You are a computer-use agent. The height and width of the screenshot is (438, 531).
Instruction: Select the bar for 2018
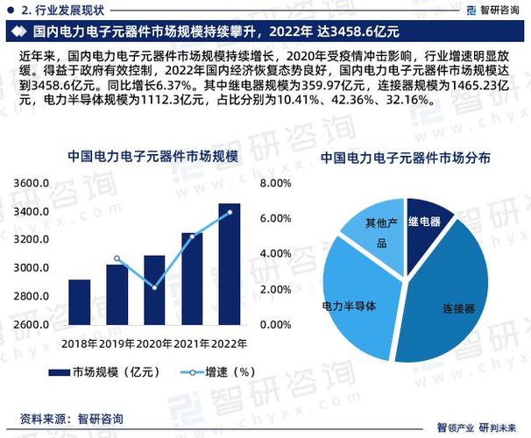[x=80, y=302]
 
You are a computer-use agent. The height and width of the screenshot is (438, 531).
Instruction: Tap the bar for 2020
[x=154, y=290]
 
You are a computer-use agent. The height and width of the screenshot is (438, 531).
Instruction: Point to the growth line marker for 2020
[x=154, y=287]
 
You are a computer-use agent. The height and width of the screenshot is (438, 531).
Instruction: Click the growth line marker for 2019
[x=117, y=258]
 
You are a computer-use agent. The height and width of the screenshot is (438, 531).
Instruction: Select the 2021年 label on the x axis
[x=192, y=343]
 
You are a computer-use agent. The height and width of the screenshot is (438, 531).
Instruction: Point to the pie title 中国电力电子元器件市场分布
[x=404, y=159]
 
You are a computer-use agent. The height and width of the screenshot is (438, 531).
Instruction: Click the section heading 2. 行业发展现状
[x=61, y=11]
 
